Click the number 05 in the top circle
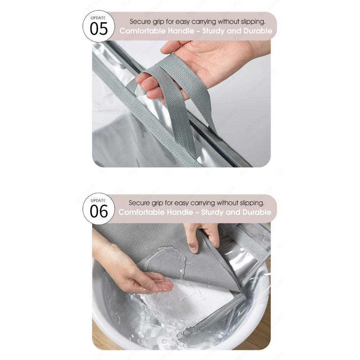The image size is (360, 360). pyautogui.click(x=99, y=29)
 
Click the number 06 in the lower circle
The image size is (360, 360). pyautogui.click(x=99, y=211)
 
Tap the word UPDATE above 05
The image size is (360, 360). pyautogui.click(x=98, y=18)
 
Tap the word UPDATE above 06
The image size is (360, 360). pyautogui.click(x=98, y=200)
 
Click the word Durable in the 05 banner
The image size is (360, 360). pyautogui.click(x=258, y=31)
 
